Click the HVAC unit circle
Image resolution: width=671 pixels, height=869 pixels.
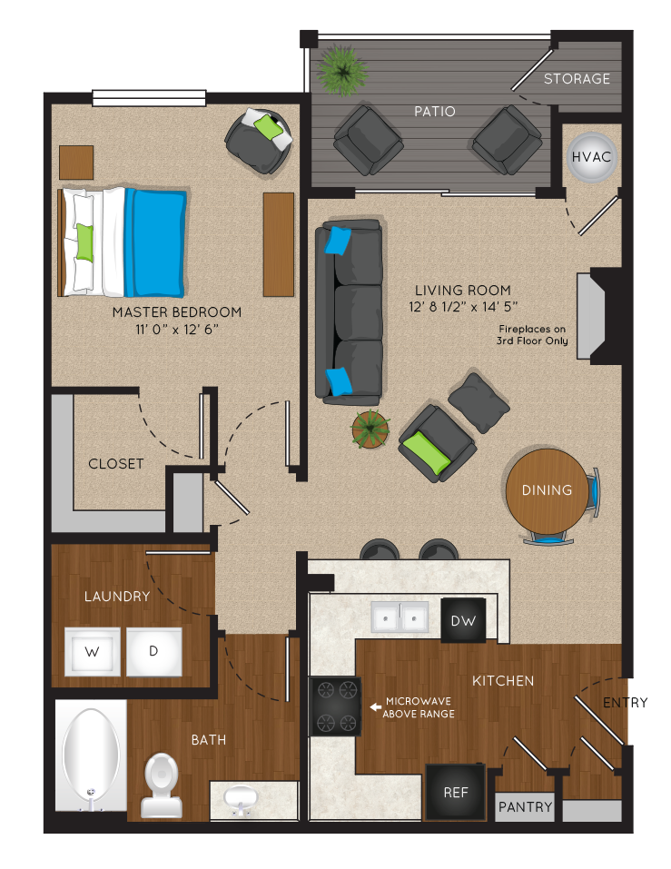(x=591, y=157)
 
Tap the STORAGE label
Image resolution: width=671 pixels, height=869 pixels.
(x=577, y=79)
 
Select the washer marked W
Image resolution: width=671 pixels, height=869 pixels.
(x=92, y=651)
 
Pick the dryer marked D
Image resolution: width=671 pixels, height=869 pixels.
(x=154, y=651)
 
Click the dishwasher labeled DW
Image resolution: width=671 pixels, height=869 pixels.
(x=463, y=620)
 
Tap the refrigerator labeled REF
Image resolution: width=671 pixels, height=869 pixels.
(x=456, y=792)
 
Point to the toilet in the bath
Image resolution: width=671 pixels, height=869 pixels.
(x=162, y=785)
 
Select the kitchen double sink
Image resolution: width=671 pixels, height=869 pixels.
(x=400, y=617)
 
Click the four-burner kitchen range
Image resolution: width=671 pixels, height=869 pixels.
(x=335, y=706)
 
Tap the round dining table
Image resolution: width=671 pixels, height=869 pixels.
(x=547, y=491)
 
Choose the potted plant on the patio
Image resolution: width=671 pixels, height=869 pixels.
(x=342, y=71)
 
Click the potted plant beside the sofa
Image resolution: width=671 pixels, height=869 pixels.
(x=370, y=429)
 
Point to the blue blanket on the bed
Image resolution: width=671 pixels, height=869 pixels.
(x=155, y=242)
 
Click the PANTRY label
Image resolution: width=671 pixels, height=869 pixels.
(x=526, y=806)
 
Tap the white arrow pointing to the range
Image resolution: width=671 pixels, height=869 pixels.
(x=375, y=706)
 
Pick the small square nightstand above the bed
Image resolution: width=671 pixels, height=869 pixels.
(x=76, y=163)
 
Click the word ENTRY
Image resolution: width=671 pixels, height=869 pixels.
(x=625, y=703)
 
